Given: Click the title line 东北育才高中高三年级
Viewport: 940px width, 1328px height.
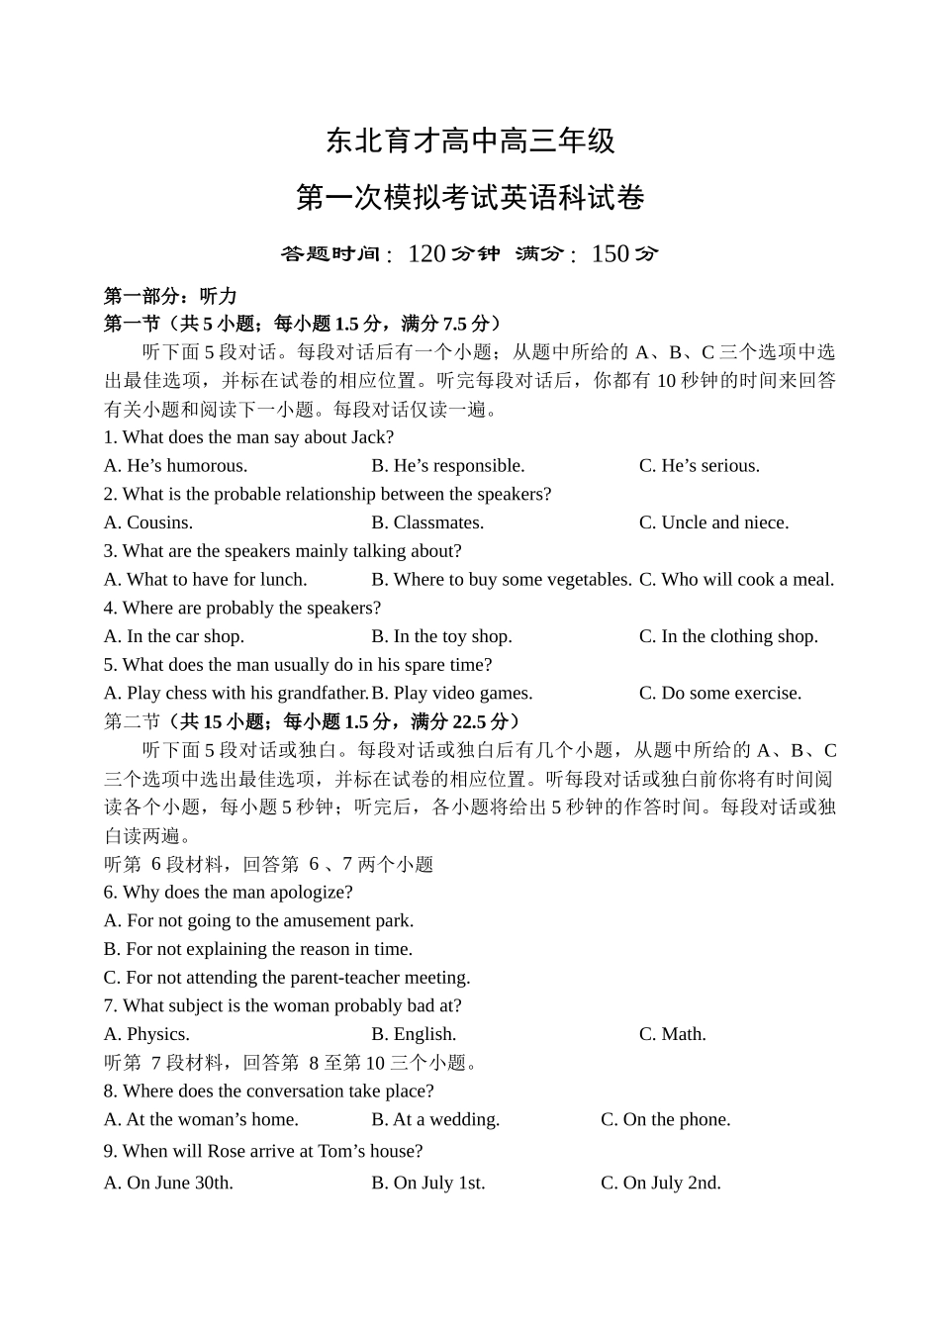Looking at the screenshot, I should pos(470,142).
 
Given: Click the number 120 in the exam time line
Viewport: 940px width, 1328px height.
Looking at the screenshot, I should pos(426,254).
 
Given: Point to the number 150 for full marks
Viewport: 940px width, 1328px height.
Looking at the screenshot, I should pos(610,254).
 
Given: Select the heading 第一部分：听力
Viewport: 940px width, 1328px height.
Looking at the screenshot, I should pos(170,296).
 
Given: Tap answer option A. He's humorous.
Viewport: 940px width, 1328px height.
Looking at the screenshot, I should pos(175,466).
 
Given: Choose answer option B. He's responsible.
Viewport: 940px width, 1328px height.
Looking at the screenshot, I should pos(447,466).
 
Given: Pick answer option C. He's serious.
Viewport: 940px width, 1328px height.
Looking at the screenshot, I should pos(699,466).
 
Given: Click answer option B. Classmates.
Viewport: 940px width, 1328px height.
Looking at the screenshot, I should pos(427,522).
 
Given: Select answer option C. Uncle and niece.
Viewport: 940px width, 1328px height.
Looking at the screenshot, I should pos(713,522).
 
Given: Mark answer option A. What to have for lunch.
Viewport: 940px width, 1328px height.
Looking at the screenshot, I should pos(205,580).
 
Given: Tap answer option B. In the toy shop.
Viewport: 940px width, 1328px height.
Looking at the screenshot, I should pos(441,636).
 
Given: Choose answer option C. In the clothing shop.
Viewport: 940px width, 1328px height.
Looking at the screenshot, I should pos(728,636).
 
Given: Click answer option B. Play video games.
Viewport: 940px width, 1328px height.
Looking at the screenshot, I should pos(452,694).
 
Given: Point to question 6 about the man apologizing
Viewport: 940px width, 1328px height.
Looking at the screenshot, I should pos(228,893).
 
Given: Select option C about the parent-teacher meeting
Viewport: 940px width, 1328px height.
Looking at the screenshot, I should pos(287,978).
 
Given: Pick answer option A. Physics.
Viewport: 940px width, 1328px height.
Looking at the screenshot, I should pos(146,1034).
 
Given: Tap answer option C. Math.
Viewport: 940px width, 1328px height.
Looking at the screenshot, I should pos(672,1034).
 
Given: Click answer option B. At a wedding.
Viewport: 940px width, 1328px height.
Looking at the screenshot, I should pos(435,1120).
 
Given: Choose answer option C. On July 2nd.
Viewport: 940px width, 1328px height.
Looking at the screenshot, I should pos(660,1184).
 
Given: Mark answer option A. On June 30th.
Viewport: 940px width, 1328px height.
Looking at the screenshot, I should pos(168,1184).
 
